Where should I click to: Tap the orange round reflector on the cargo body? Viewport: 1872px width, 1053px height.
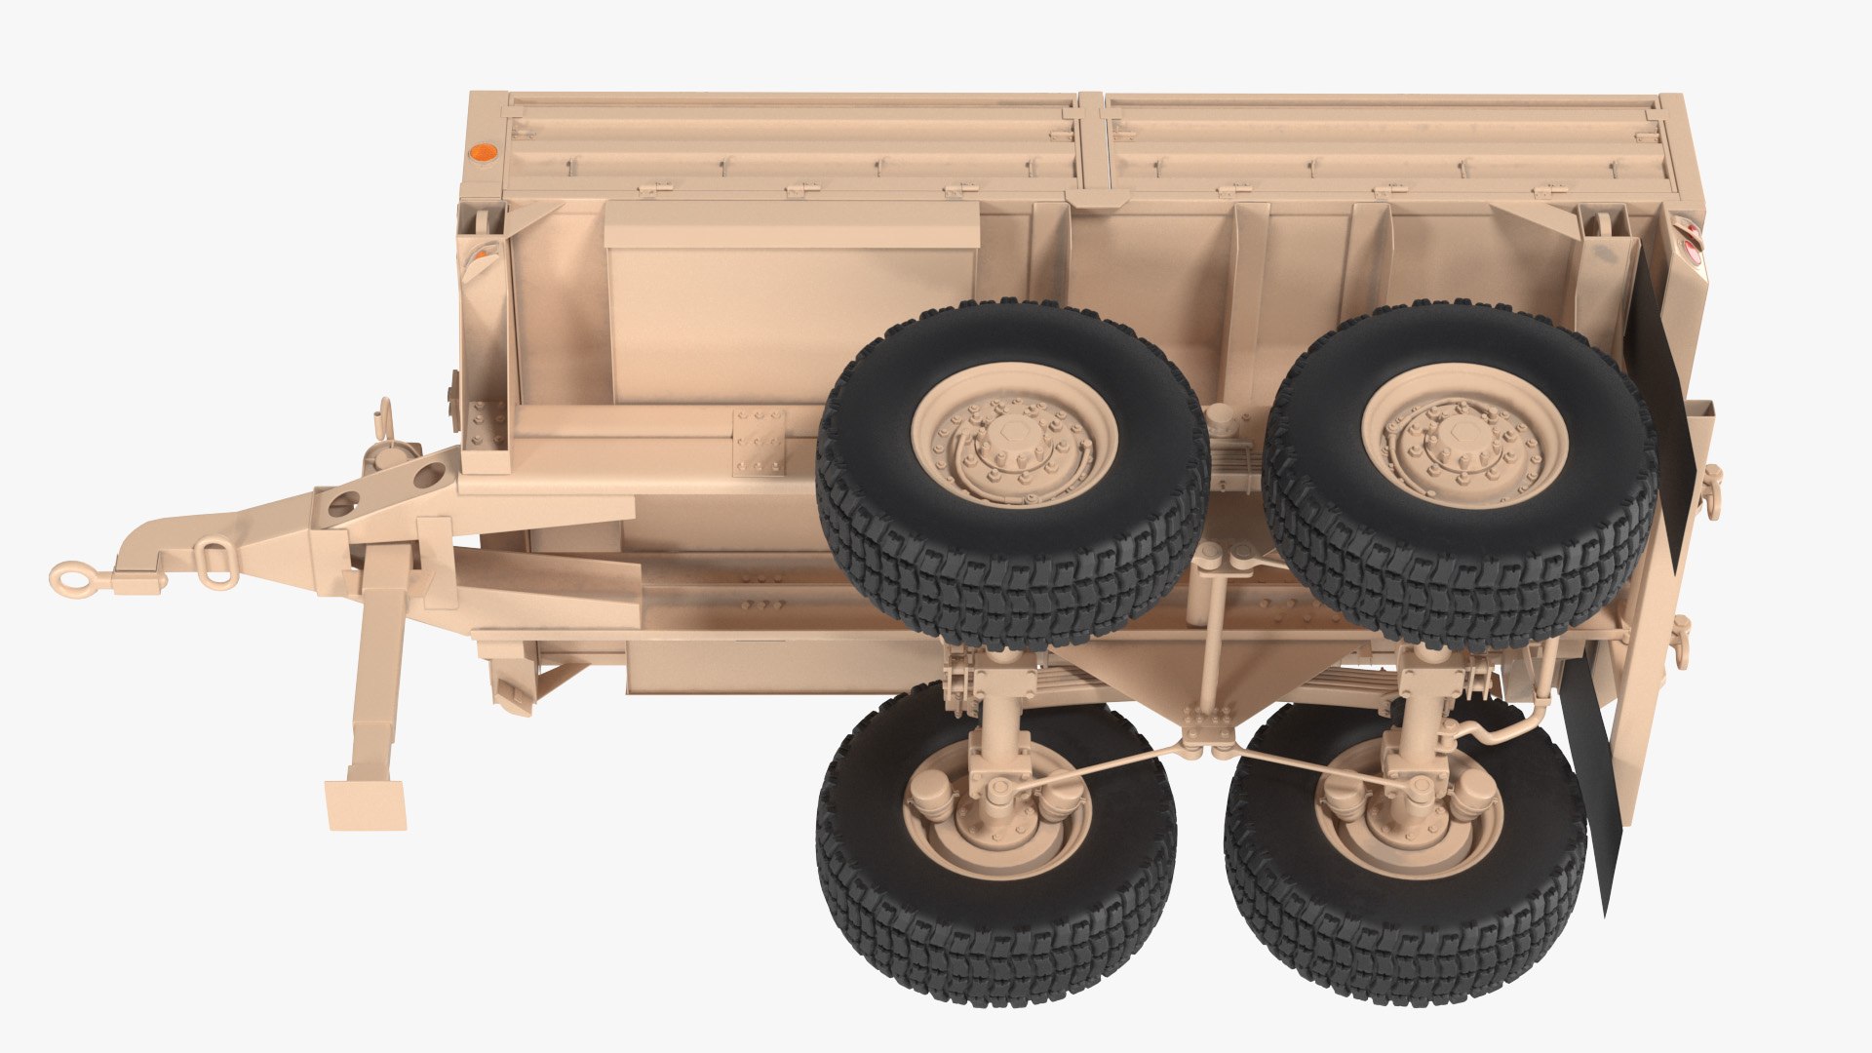click(482, 153)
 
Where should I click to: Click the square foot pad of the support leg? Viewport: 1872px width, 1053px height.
click(366, 804)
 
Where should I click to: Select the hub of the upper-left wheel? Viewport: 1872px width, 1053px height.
click(1014, 437)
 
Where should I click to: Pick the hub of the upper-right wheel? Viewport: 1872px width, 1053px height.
click(1462, 436)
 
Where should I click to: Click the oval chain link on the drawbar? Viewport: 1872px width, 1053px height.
click(215, 563)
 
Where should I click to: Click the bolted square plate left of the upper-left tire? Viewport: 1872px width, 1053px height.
click(759, 441)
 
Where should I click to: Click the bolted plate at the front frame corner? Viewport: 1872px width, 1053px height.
click(487, 425)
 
